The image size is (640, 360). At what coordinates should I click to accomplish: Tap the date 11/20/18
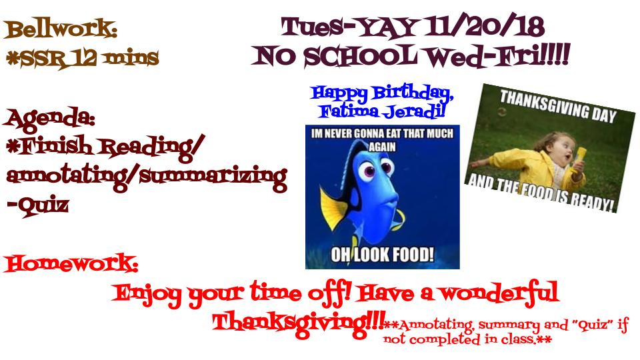484,27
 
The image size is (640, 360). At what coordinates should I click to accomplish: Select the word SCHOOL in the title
360,56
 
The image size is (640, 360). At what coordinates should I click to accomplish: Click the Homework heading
71,263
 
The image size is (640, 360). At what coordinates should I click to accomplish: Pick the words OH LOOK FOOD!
383,255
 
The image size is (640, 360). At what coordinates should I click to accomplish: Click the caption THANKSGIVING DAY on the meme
558,107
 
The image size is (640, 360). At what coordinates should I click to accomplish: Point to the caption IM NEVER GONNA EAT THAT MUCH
382,134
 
